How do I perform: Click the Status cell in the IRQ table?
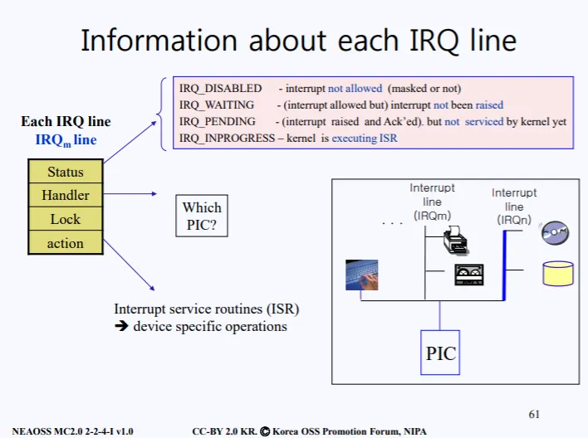pos(66,173)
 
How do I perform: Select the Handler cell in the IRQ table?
pos(66,196)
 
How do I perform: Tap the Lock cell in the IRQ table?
pos(66,219)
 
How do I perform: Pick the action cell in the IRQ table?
pos(66,243)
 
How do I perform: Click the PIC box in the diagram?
pos(441,353)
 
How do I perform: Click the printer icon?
pos(456,242)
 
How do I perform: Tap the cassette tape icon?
pos(468,275)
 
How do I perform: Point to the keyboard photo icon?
pos(362,275)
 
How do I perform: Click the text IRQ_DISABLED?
pos(221,89)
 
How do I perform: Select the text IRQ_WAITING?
pos(218,105)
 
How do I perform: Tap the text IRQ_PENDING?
pos(218,122)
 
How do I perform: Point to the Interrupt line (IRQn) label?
pos(514,207)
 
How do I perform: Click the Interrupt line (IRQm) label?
pos(432,202)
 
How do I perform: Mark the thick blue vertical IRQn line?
pos(504,265)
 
